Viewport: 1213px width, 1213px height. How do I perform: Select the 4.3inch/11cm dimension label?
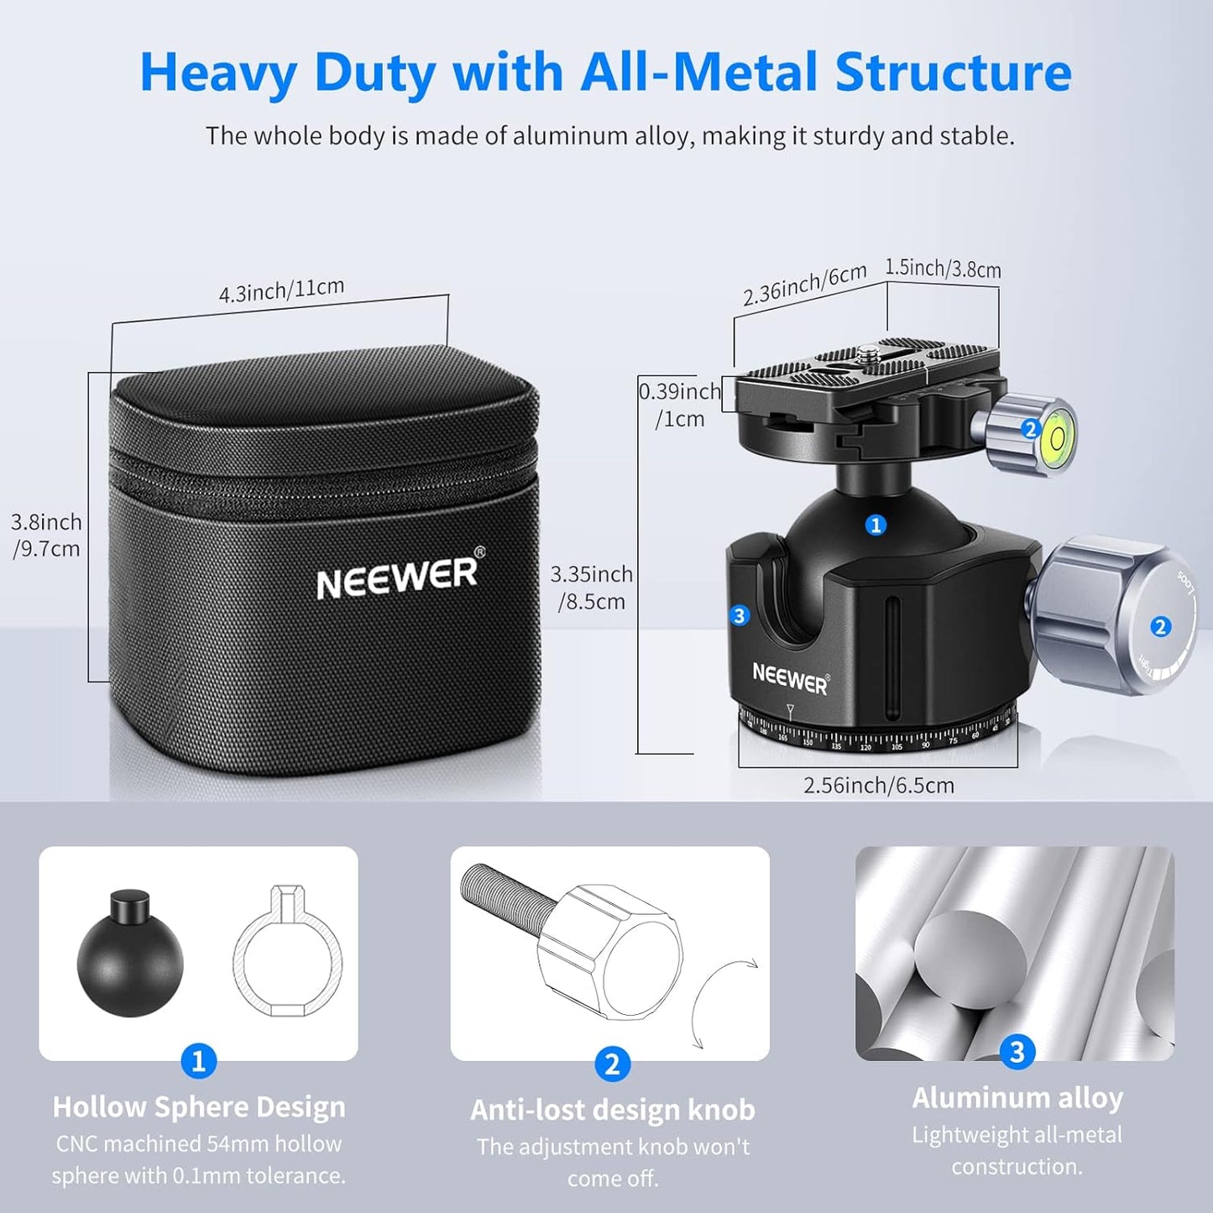(x=281, y=290)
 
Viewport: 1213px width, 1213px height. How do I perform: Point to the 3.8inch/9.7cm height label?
(x=46, y=535)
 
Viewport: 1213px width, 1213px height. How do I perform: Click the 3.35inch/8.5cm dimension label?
(x=591, y=588)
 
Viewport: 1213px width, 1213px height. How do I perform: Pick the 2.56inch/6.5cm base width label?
(x=878, y=786)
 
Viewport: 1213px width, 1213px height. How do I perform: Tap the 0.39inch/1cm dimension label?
(x=679, y=405)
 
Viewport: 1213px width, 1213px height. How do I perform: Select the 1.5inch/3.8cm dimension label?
(x=943, y=269)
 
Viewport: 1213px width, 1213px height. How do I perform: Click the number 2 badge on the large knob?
(x=1160, y=626)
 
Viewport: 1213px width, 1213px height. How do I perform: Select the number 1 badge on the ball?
(x=876, y=525)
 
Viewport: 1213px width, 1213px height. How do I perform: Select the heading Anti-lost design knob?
(x=612, y=1110)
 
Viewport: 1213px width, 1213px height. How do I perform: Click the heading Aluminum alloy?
(x=1017, y=1097)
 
